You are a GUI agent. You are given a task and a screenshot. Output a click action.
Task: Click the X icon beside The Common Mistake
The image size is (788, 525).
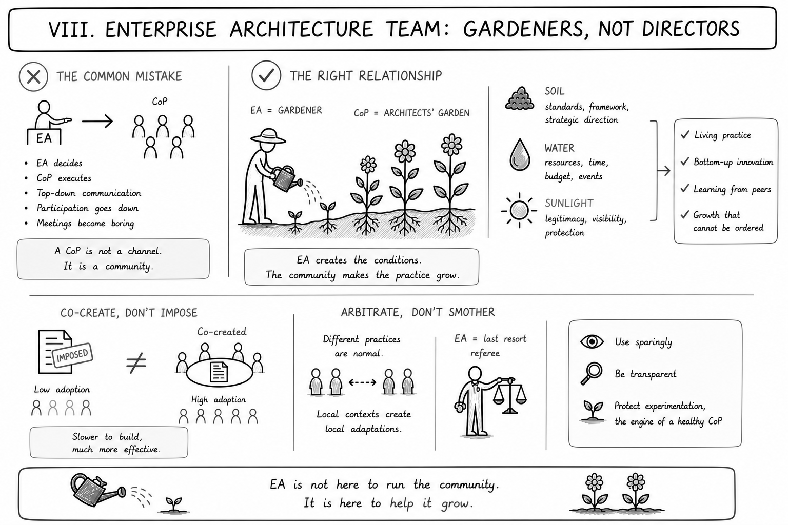click(33, 77)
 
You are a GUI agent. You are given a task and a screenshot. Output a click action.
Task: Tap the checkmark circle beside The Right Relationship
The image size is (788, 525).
click(266, 75)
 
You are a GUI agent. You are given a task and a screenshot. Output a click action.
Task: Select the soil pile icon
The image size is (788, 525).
click(520, 98)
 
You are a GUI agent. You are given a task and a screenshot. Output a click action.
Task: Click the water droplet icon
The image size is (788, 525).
click(520, 155)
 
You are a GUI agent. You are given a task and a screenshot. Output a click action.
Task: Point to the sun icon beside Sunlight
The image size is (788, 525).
click(519, 211)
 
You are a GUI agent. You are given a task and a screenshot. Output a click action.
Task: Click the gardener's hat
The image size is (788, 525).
click(268, 136)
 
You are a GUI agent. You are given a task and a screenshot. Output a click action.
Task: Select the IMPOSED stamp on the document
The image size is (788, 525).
click(72, 355)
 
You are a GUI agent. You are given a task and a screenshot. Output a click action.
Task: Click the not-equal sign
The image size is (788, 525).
click(136, 362)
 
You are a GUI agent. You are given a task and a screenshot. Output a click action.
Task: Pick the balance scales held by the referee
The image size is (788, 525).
click(510, 396)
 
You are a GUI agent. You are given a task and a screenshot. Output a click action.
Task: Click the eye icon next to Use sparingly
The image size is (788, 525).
click(592, 341)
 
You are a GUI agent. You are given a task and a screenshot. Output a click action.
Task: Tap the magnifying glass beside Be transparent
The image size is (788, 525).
click(592, 373)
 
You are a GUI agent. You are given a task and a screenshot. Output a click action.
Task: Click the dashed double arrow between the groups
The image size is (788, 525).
click(362, 382)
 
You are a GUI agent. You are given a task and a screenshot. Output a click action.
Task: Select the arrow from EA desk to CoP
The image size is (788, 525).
click(97, 122)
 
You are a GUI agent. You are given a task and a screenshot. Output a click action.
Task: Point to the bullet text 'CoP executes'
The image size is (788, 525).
click(64, 178)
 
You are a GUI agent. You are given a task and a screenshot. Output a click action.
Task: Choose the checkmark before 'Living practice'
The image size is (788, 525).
click(685, 135)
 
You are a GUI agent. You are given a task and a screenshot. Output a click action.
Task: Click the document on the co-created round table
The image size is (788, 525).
click(219, 372)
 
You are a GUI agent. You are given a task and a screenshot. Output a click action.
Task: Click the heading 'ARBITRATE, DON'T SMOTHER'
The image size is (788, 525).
click(418, 312)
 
